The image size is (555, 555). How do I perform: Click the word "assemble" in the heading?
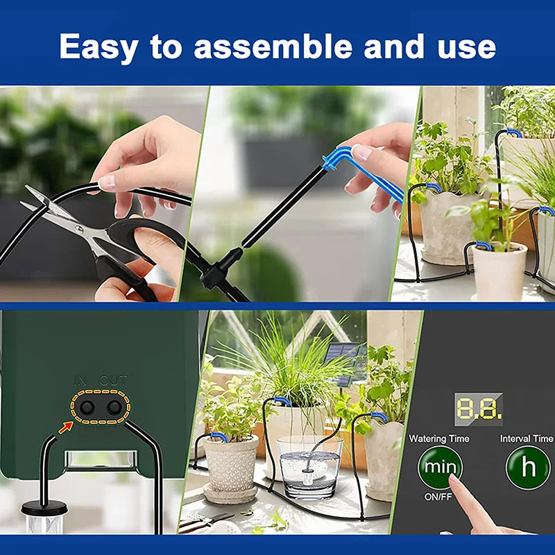pyautogui.click(x=273, y=46)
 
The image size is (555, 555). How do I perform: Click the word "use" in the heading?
pyautogui.click(x=466, y=47)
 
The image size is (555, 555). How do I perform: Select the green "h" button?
pyautogui.click(x=528, y=467)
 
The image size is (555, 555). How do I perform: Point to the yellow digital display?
pyautogui.click(x=479, y=409)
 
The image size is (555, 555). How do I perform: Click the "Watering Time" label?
pyautogui.click(x=439, y=438)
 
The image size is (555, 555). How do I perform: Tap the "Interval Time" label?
pyautogui.click(x=527, y=438)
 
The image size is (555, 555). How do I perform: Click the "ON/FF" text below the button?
pyautogui.click(x=438, y=497)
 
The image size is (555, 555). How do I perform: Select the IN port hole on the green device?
pyautogui.click(x=87, y=408)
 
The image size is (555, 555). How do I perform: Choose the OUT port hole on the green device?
pyautogui.click(x=114, y=408)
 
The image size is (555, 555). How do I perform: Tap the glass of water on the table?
pyautogui.click(x=309, y=468)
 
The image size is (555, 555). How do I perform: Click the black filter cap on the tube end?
pyautogui.click(x=44, y=509)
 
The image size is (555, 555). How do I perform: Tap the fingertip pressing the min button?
pyautogui.click(x=454, y=479)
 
